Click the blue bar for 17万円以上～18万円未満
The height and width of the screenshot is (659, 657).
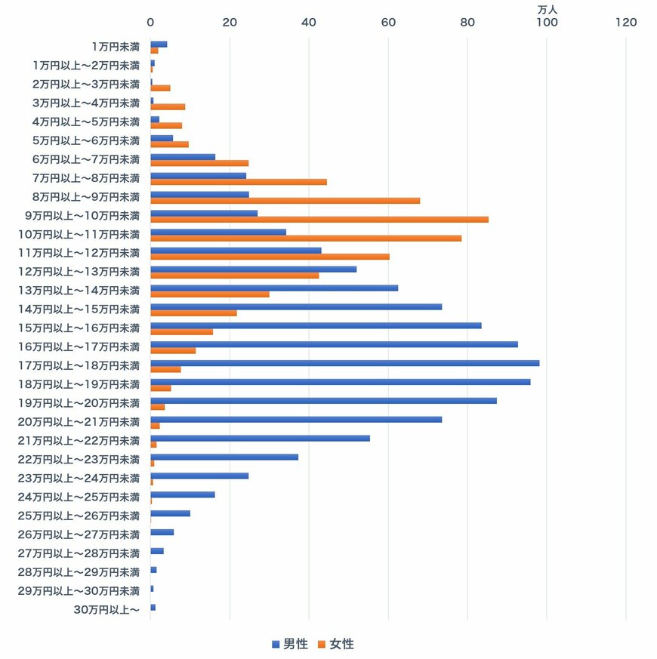[344, 363]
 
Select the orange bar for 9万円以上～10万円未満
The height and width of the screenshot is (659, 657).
[319, 220]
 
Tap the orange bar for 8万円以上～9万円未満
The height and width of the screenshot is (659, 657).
[285, 201]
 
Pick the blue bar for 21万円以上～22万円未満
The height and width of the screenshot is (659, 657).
[260, 438]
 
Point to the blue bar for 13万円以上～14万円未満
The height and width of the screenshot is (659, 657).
[274, 288]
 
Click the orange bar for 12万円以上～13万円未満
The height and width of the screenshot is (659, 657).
[234, 276]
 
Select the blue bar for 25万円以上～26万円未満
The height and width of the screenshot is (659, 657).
[170, 513]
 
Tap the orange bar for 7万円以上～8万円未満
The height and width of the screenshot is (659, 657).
[239, 182]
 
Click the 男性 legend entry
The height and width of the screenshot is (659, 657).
[290, 644]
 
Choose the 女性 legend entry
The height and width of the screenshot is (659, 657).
[336, 644]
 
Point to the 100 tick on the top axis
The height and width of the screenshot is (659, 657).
[547, 23]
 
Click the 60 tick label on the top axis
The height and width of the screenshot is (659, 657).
[388, 23]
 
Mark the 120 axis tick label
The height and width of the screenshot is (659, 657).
[626, 23]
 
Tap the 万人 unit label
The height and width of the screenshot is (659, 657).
[546, 8]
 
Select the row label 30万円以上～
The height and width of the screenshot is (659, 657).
[106, 610]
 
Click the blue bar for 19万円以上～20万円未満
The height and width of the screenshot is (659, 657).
[323, 400]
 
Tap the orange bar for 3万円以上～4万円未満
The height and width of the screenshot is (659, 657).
[168, 107]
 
